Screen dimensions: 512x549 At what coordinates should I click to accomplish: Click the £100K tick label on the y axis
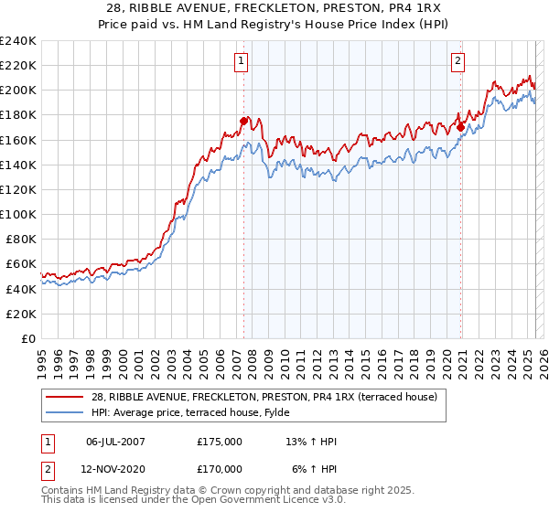point(18,214)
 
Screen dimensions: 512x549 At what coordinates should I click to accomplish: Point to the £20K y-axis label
point(21,314)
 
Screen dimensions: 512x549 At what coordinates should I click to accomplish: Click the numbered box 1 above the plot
point(241,61)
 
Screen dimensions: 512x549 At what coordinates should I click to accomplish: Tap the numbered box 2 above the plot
point(457,61)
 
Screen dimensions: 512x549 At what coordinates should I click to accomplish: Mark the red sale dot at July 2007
point(243,121)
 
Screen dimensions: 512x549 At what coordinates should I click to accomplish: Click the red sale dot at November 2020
point(460,127)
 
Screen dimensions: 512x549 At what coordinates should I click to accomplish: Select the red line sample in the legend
point(65,397)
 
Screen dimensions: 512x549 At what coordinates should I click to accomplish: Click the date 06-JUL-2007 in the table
point(115,442)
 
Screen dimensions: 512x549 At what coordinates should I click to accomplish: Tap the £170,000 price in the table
point(220,468)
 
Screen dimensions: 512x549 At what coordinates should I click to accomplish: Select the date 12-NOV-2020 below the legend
point(115,468)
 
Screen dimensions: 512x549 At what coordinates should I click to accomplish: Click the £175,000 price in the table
point(220,442)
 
